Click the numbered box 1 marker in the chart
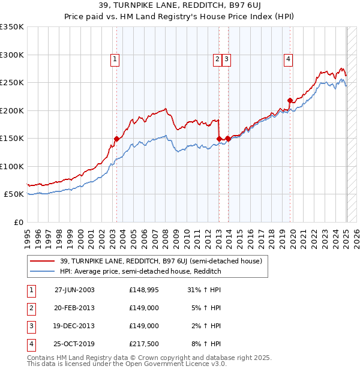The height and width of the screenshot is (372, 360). [115, 59]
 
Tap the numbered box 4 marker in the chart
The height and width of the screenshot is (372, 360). [289, 59]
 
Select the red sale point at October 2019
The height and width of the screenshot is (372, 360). [290, 100]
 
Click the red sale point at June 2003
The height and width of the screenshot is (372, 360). [116, 139]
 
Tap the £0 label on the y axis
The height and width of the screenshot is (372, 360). [19, 222]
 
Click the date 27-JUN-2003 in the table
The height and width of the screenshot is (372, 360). [74, 290]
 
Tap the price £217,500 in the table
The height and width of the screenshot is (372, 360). [143, 344]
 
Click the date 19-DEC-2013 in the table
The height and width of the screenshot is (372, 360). [74, 326]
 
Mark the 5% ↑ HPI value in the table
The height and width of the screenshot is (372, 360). [206, 308]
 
